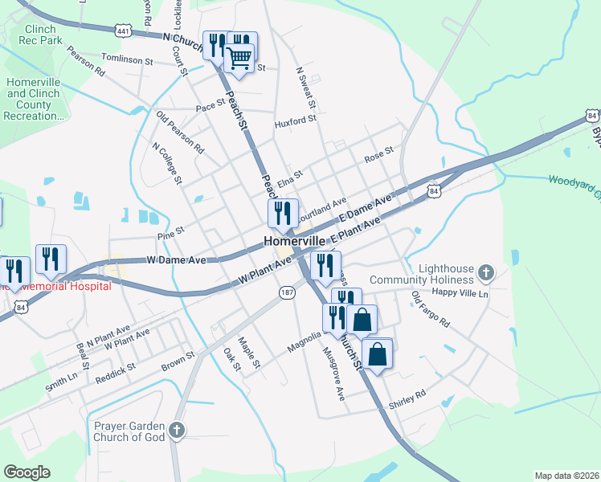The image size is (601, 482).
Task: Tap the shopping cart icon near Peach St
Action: (239, 56)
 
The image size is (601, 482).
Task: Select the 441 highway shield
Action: (123, 31)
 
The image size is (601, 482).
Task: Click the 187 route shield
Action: (286, 292)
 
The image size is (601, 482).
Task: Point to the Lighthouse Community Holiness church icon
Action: (485, 274)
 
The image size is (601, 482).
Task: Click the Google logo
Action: (27, 472)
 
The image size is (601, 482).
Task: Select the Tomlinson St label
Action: (127, 60)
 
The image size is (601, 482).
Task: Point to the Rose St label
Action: (378, 152)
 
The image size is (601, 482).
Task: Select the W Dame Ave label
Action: (176, 260)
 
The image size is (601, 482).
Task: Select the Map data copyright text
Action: (566, 476)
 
